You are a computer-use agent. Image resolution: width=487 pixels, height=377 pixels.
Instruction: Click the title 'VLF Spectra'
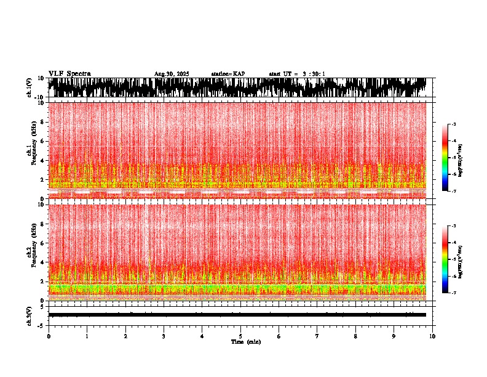69,73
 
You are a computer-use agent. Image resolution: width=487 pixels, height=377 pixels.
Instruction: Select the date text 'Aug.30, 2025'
172,74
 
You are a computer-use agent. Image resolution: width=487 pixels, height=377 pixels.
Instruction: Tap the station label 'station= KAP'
228,74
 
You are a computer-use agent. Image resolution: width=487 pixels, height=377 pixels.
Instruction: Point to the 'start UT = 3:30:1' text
297,74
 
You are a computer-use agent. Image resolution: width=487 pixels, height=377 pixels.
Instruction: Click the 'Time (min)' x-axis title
245,341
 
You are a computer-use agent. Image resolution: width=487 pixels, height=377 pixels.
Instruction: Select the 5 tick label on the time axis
240,336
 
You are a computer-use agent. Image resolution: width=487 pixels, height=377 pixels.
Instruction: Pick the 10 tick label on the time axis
432,336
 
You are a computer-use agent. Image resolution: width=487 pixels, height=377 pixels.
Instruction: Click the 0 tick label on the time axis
49,336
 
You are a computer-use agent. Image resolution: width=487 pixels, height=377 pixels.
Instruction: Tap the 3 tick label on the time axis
164,336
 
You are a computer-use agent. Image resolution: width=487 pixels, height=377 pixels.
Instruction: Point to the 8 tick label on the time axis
355,336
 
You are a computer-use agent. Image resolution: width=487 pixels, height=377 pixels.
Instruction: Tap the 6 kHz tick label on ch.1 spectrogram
43,141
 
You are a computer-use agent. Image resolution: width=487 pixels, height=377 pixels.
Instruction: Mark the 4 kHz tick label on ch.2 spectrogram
43,262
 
